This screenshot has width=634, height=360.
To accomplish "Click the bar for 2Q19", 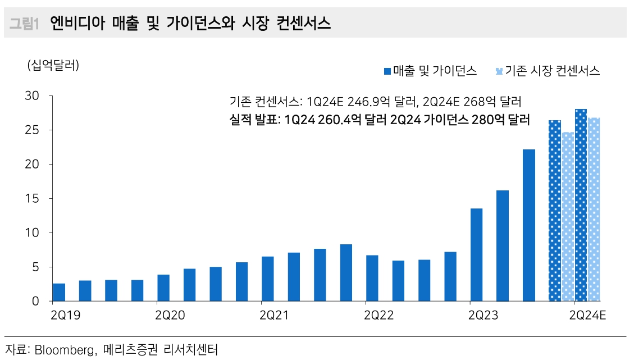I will pos(59,292).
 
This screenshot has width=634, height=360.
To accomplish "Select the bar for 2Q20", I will pos(163,288).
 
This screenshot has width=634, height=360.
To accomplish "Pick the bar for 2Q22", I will pos(372,278).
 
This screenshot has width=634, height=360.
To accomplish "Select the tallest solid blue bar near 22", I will pos(528,225).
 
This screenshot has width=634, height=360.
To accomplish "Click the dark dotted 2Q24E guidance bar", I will pos(581,205).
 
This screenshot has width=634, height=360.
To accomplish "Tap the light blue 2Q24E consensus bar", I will pos(594,209).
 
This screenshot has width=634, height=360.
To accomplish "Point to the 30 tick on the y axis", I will pos(31,96).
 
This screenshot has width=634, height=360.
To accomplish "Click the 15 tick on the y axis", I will pos(31,198).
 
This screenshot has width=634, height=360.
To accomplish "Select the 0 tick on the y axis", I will pos(35,301).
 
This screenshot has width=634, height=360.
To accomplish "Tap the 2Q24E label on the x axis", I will pos(588,316).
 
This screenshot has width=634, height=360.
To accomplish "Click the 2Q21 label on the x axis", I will pos(275,316).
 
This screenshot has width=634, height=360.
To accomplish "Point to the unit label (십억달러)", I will pos(53,65).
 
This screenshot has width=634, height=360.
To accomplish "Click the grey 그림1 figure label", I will pos(24,23).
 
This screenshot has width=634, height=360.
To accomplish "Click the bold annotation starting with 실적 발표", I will pos(380,120).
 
